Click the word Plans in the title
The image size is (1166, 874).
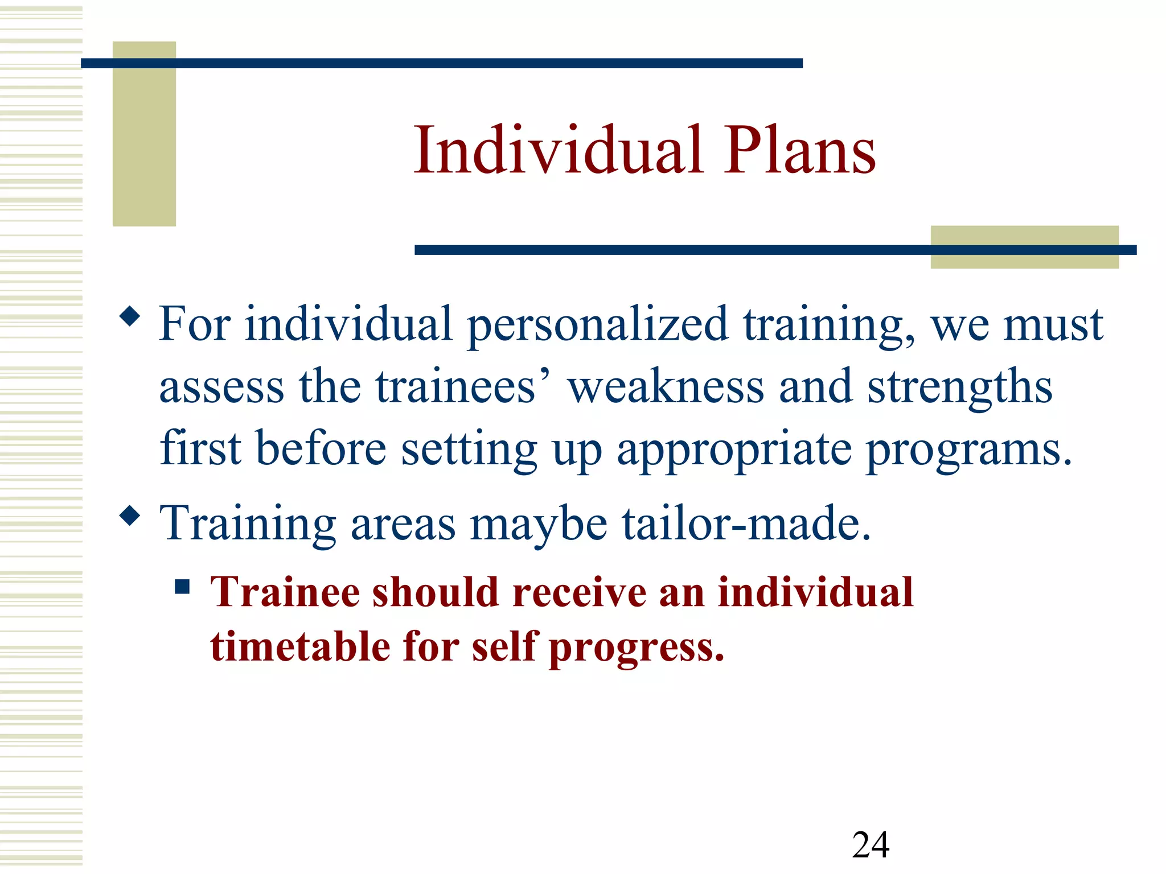(800, 151)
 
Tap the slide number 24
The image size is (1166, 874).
(871, 844)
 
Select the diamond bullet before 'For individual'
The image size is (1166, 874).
(130, 316)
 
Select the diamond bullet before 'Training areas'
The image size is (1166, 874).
(130, 516)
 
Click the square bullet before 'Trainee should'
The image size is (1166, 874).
(182, 586)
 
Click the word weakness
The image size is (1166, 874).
(666, 387)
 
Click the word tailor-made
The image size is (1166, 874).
(746, 523)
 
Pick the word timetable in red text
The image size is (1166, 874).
(301, 647)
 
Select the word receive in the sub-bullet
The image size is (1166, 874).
(579, 593)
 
